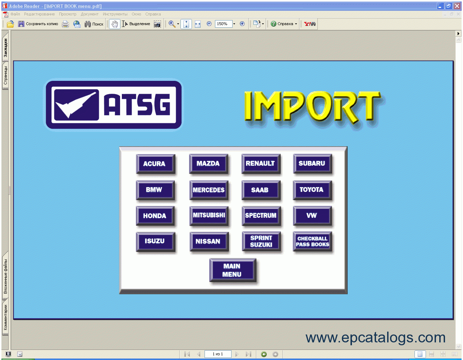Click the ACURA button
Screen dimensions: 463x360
tap(155, 163)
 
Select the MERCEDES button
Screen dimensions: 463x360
tap(208, 190)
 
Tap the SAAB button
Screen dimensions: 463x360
tap(261, 190)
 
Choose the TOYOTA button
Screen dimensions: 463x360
tap(312, 190)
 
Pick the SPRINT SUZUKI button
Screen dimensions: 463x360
tap(261, 241)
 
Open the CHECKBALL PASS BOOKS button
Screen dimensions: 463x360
tap(312, 241)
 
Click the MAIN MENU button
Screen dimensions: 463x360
tap(233, 270)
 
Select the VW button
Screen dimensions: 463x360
tap(312, 216)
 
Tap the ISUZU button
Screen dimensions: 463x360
tap(155, 241)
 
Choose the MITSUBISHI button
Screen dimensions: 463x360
tap(209, 216)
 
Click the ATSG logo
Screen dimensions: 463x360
tap(114, 105)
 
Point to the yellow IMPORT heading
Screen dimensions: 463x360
tap(313, 108)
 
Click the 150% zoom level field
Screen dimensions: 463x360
tap(223, 24)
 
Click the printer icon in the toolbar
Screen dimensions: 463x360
tap(65, 24)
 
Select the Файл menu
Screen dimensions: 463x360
tap(15, 14)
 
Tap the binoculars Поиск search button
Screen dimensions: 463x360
tap(94, 24)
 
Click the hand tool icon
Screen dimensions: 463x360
tap(115, 24)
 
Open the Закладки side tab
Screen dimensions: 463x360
tap(5, 47)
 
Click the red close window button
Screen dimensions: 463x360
tap(457, 6)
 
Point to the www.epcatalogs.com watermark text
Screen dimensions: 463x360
tap(375, 337)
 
